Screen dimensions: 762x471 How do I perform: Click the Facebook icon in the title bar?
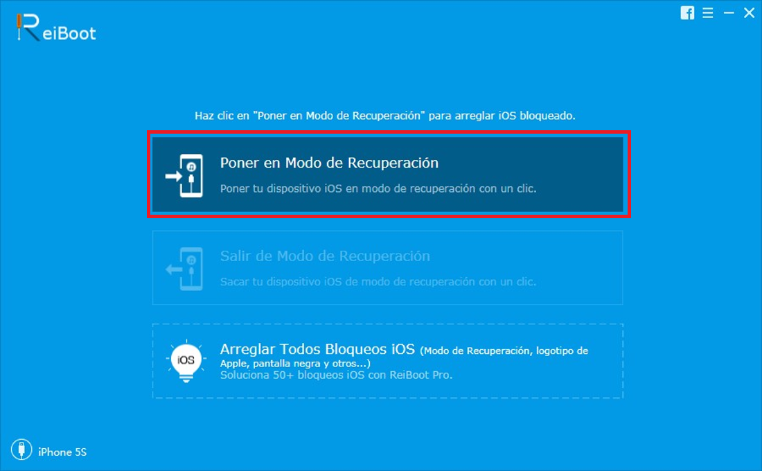[x=687, y=12]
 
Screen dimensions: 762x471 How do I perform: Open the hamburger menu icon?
[x=707, y=12]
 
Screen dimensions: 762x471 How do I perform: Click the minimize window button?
[x=729, y=13]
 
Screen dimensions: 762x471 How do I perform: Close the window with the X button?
[x=749, y=12]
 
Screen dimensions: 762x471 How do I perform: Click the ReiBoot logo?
[x=55, y=28]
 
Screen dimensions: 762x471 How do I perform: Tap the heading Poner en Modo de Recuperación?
[x=329, y=163]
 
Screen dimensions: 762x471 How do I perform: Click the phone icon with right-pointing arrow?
[x=184, y=175]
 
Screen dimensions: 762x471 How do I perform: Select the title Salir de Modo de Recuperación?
[x=325, y=256]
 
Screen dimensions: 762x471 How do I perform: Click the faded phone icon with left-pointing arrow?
[x=184, y=269]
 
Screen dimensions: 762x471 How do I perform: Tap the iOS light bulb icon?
[x=186, y=361]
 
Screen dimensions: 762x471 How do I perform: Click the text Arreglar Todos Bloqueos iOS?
[x=317, y=349]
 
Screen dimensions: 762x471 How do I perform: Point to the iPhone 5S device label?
[x=62, y=452]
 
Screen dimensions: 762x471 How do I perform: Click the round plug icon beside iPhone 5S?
[x=21, y=449]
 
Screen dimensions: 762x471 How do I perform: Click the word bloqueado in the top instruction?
[x=547, y=116]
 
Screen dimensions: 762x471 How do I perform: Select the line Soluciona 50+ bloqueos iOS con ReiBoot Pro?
[x=336, y=375]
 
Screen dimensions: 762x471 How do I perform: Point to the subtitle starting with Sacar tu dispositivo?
[x=378, y=282]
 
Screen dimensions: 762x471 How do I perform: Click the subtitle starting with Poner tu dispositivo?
[x=378, y=188]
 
